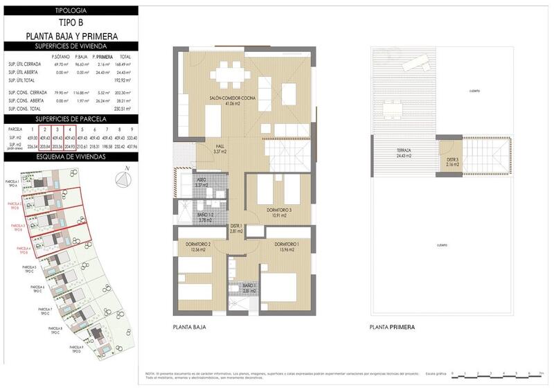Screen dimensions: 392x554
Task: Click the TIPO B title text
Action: (71, 23)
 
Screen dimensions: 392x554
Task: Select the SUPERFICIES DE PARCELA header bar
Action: (71, 120)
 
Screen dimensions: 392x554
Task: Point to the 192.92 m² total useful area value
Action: (125, 80)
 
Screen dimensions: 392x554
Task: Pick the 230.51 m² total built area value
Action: (125, 109)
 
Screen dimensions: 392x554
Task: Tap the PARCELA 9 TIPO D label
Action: (75, 348)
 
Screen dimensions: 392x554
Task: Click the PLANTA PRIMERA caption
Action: (393, 327)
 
